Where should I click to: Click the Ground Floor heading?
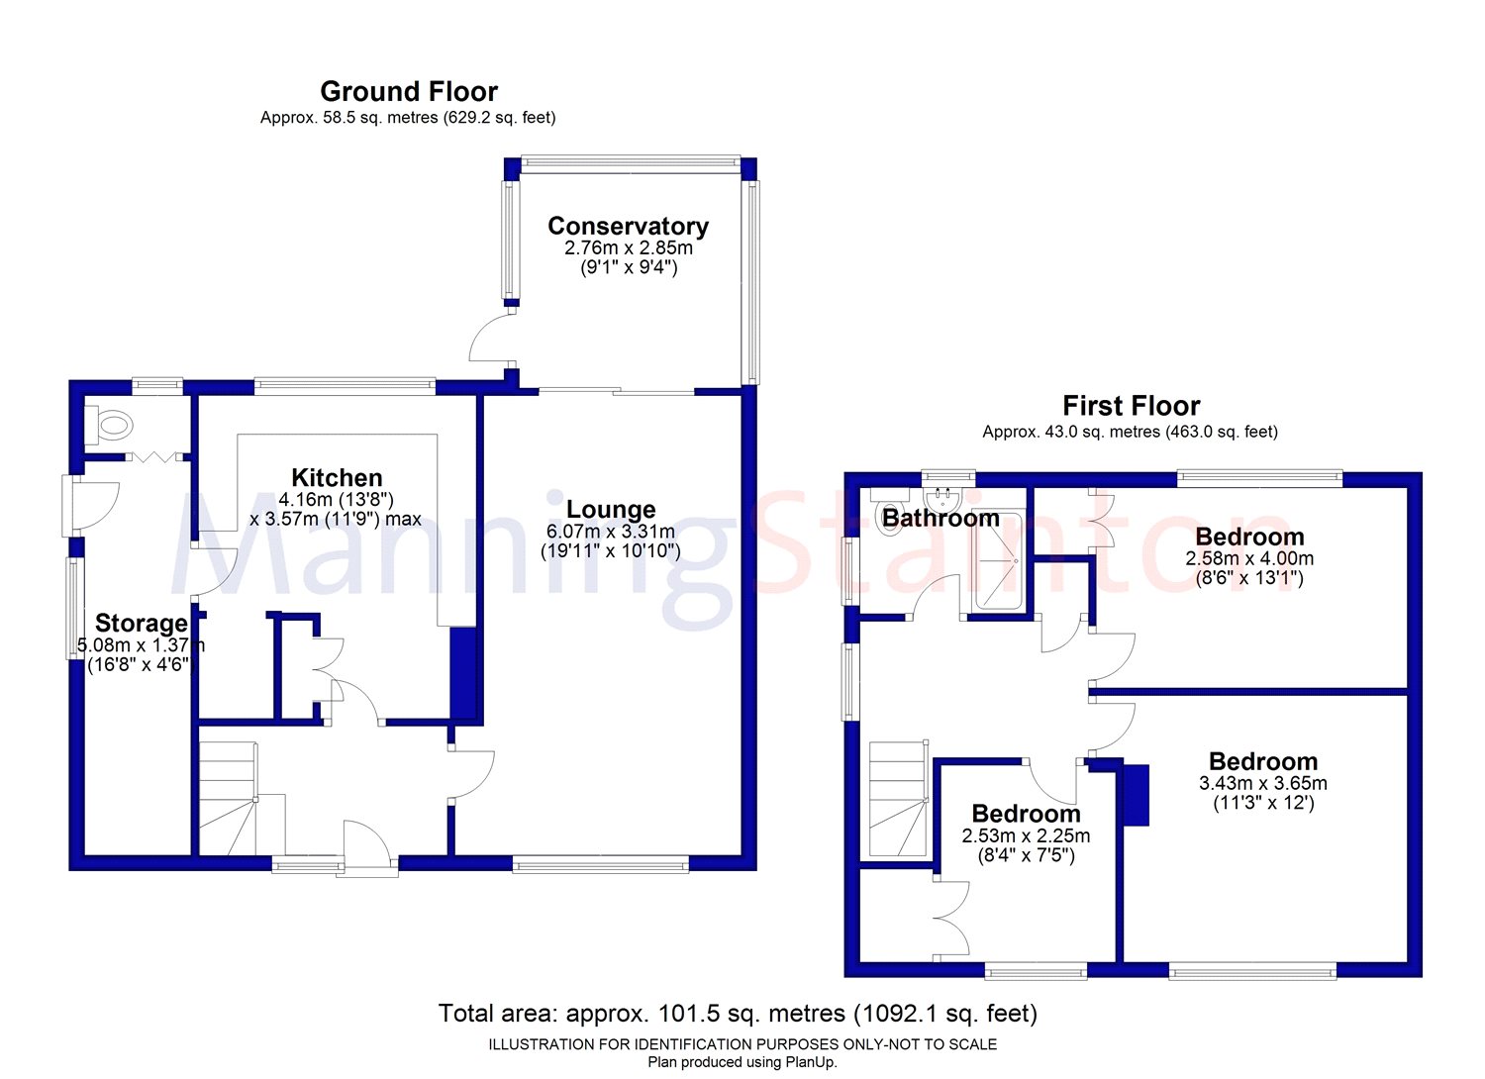pyautogui.click(x=409, y=91)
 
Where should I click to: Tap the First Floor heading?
pyautogui.click(x=1131, y=406)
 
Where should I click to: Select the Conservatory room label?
pyautogui.click(x=628, y=226)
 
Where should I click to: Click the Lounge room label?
pyautogui.click(x=611, y=509)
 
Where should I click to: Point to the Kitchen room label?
pyautogui.click(x=337, y=477)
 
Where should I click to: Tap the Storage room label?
pyautogui.click(x=142, y=623)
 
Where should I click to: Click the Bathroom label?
pyautogui.click(x=940, y=518)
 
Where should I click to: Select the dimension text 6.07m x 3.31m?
pyautogui.click(x=611, y=532)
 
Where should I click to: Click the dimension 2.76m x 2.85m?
pyautogui.click(x=629, y=248)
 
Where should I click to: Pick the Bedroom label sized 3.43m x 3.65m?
pyautogui.click(x=1263, y=761)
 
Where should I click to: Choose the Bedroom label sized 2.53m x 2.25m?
pyautogui.click(x=1027, y=814)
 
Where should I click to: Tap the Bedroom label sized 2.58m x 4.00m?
pyautogui.click(x=1249, y=537)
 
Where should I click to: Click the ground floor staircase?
pyautogui.click(x=229, y=798)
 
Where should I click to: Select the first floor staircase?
pyautogui.click(x=899, y=798)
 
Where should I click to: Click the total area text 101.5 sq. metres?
pyautogui.click(x=751, y=1014)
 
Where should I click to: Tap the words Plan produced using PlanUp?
pyautogui.click(x=742, y=1062)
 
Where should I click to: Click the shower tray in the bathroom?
pyautogui.click(x=999, y=562)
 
